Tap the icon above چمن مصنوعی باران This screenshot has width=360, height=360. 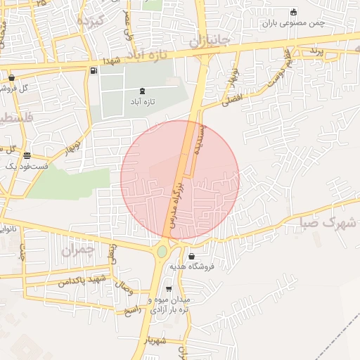tap(293, 12)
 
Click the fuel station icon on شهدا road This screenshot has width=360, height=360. tap(94, 70)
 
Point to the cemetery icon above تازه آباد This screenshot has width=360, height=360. tap(143, 90)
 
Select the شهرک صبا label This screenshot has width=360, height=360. tap(328, 224)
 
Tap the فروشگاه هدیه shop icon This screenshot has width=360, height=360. tap(191, 256)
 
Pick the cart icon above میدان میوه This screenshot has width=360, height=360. tap(168, 289)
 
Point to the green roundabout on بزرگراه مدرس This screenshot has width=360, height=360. tap(162, 251)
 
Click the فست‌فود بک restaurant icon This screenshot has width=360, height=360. tap(27, 156)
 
